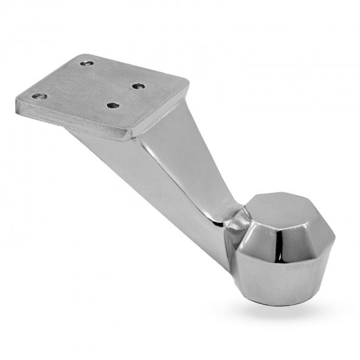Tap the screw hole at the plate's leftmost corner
[39, 95]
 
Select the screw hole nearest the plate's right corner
[139, 86]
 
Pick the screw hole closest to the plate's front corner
[112, 105]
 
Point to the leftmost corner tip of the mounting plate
[17, 101]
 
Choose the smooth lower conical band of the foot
[286, 277]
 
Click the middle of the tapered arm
[176, 176]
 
